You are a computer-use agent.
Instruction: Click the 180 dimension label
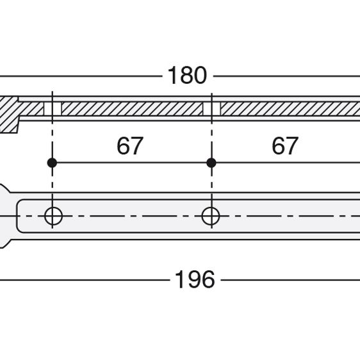187,76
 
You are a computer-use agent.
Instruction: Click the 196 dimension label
195,279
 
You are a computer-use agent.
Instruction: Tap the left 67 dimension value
130,145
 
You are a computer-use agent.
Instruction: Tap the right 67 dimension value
285,145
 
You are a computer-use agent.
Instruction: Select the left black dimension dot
52,163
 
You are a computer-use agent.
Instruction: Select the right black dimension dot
211,163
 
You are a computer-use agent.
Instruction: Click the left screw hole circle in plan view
53,216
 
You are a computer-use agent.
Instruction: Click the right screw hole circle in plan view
211,216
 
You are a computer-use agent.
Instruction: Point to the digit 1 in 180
173,76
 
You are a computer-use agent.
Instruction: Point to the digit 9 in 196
195,279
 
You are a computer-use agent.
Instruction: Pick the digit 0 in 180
200,76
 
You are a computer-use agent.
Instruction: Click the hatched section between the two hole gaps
132,109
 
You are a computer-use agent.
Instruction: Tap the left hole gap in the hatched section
53,109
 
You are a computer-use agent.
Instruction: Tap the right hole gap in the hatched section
212,109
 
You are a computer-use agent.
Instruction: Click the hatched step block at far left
9,115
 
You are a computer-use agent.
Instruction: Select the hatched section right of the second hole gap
290,109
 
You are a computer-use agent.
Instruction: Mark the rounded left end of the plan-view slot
17,216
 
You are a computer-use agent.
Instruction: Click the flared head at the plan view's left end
4,216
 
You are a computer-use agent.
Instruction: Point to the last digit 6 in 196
208,279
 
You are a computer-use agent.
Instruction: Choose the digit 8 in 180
186,76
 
